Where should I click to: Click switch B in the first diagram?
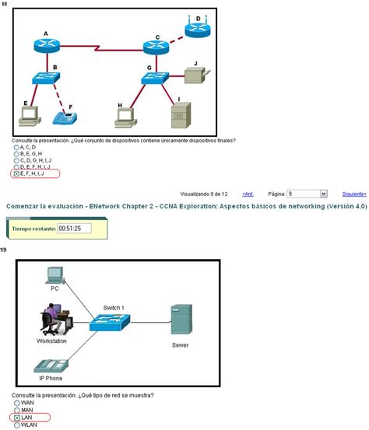47,79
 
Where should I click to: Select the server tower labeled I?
180,115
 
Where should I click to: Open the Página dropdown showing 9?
307,193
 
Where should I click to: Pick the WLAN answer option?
17,425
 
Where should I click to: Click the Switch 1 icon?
110,320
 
